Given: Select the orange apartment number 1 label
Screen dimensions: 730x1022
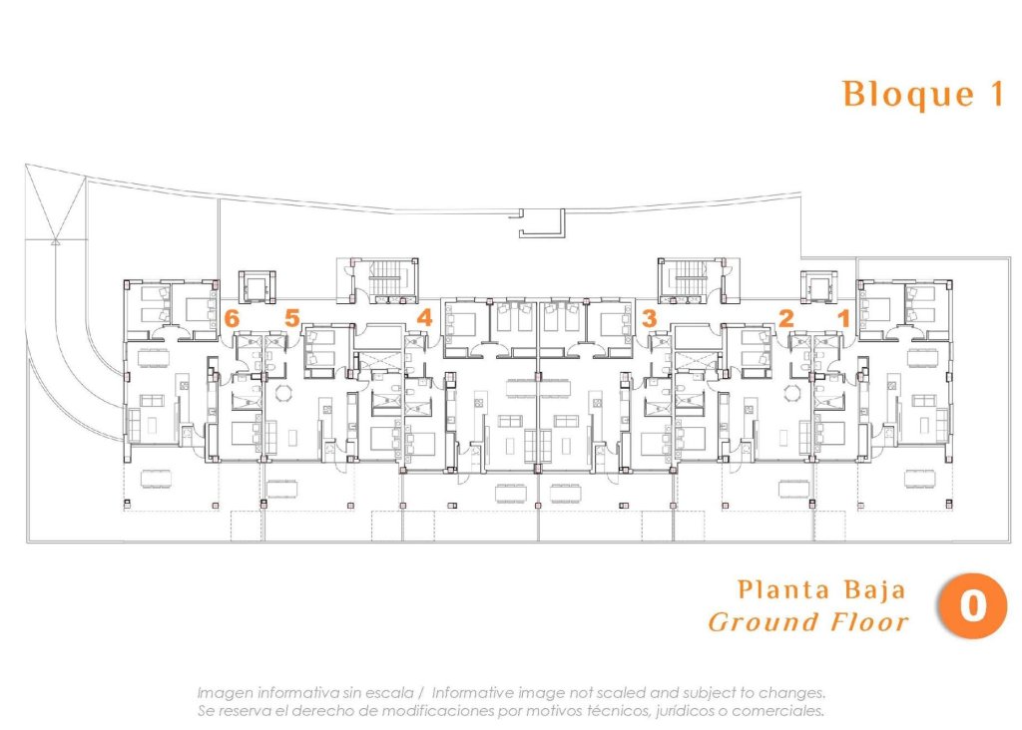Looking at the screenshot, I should point(843,319).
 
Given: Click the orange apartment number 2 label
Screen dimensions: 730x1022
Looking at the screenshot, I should point(786,319).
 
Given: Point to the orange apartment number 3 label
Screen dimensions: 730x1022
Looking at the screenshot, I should point(650,319).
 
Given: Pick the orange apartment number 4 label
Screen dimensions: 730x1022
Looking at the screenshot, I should point(424,319).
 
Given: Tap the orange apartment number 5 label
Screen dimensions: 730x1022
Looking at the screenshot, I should point(291,319).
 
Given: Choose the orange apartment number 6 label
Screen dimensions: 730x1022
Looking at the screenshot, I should point(233,319).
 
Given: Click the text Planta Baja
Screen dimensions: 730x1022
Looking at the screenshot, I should point(821,589).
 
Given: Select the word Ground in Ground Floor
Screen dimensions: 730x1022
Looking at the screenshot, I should point(765,623).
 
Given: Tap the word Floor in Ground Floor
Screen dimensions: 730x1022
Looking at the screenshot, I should point(870,623).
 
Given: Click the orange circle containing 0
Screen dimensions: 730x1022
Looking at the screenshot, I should point(971,605).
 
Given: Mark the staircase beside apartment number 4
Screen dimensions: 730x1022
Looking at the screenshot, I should point(384,279).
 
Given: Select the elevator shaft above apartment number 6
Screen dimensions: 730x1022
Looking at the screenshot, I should point(255,286).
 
